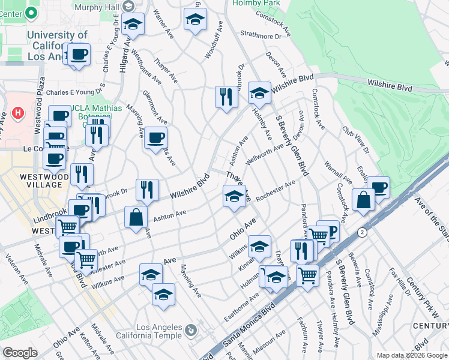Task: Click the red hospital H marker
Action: [18, 113]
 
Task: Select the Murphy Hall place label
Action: [97, 7]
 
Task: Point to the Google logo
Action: [20, 353]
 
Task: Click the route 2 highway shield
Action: [362, 232]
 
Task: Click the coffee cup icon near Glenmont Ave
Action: [155, 137]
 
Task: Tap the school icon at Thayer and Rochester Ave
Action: [234, 196]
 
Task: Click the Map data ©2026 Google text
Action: [412, 355]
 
